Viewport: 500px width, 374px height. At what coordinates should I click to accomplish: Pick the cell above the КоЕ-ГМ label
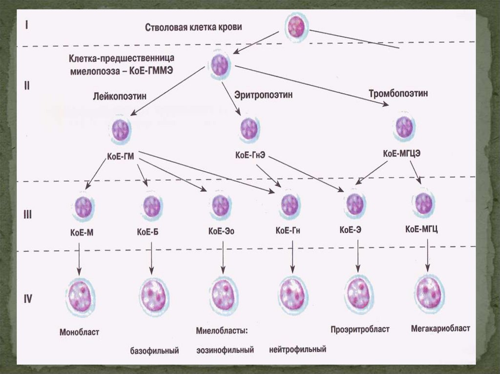[x=120, y=130]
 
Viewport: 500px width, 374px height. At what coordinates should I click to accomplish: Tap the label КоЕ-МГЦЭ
[x=402, y=153]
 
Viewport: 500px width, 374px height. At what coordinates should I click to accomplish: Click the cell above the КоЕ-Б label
[x=152, y=207]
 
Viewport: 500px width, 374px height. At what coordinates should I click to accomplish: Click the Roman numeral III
[x=28, y=214]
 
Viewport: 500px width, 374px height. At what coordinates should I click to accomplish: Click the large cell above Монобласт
[x=80, y=295]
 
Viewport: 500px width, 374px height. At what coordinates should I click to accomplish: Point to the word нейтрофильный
[x=297, y=350]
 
